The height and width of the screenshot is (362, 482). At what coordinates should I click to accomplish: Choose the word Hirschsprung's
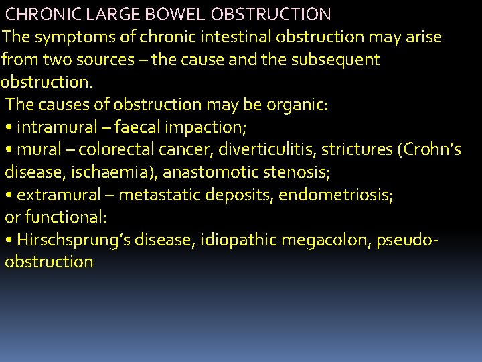72,240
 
